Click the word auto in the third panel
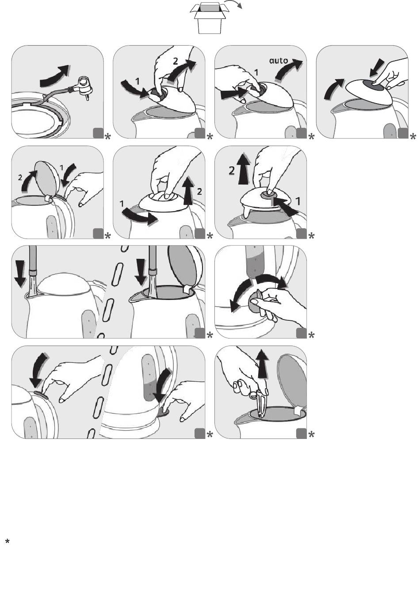click(x=278, y=61)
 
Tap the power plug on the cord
click(x=84, y=87)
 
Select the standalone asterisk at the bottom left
click(x=8, y=542)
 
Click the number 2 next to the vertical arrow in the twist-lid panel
click(x=199, y=192)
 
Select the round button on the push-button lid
click(x=268, y=194)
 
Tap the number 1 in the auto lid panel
click(x=256, y=73)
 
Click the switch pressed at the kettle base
click(x=163, y=412)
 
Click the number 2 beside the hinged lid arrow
click(x=20, y=177)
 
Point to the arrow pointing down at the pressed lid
click(x=378, y=67)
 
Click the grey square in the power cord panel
click(x=98, y=133)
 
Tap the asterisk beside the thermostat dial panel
click(x=311, y=335)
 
